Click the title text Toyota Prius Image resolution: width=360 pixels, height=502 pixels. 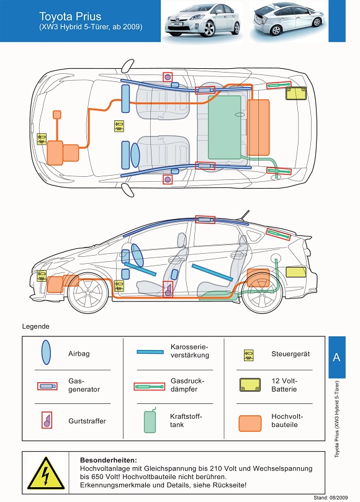click(70, 17)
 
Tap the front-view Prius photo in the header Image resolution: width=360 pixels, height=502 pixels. click(202, 20)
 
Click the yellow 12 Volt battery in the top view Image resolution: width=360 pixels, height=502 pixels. click(296, 93)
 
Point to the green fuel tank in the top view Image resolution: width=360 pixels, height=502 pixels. click(225, 127)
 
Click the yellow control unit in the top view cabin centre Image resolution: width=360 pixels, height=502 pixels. click(119, 126)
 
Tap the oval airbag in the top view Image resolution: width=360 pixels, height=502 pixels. click(135, 155)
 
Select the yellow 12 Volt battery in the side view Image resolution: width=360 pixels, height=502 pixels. click(295, 272)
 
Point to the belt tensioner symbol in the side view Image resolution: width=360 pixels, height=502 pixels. click(168, 289)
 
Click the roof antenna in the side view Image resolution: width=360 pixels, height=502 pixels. click(244, 215)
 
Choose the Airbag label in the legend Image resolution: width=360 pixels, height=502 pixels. click(79, 354)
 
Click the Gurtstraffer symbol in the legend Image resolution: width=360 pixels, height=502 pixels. click(47, 420)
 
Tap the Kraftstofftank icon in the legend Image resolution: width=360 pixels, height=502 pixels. click(150, 420)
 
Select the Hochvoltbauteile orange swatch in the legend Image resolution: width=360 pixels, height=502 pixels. click(250, 424)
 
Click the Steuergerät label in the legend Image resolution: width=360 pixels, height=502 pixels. click(290, 354)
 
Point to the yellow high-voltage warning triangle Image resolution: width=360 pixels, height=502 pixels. click(46, 473)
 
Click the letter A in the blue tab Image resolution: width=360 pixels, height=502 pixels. click(336, 357)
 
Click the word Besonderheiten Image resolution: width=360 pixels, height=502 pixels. click(109, 460)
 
